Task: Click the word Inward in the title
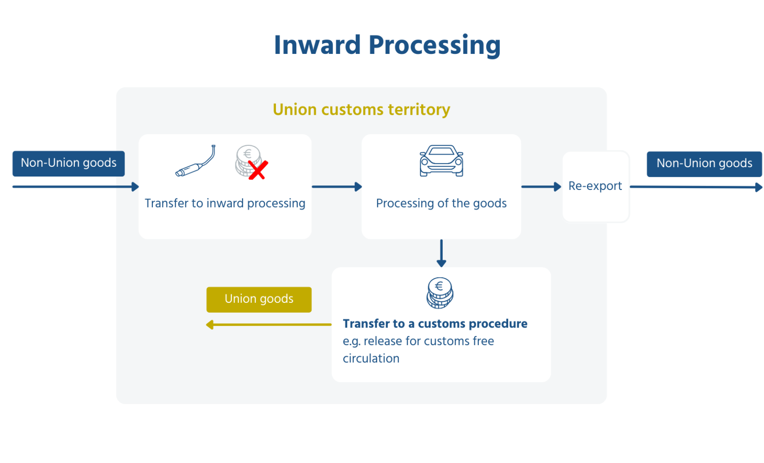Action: (317, 46)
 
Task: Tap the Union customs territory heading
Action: (361, 110)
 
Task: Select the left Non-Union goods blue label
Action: (69, 163)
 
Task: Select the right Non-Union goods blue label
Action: (704, 164)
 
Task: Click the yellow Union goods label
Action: (259, 299)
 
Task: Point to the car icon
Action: (441, 161)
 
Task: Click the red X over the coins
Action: (258, 170)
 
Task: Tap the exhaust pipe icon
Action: (196, 162)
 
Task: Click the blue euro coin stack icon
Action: (440, 293)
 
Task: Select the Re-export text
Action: (595, 186)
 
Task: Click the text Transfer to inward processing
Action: (225, 203)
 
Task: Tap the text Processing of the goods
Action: (441, 203)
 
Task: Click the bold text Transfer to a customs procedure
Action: (435, 324)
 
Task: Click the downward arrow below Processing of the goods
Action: (441, 253)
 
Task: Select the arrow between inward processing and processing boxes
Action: (337, 187)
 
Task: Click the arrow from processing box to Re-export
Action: (541, 187)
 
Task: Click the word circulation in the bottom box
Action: (371, 359)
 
